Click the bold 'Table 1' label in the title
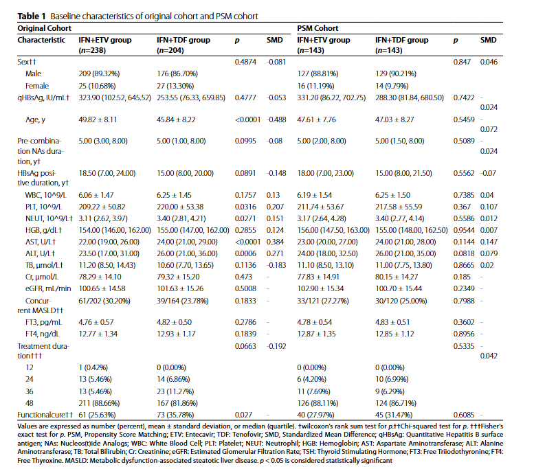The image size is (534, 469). click(32, 16)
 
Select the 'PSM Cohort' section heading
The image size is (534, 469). click(318, 28)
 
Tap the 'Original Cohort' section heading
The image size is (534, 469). click(44, 28)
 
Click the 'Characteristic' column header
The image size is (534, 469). click(41, 40)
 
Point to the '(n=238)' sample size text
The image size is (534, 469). click(92, 50)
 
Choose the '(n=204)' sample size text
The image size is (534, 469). click(170, 50)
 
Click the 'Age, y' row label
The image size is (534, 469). click(35, 119)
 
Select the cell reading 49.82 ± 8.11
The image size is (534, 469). click(98, 119)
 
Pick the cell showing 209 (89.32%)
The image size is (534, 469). click(99, 73)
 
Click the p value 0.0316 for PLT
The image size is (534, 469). click(245, 207)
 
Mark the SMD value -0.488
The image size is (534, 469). click(276, 119)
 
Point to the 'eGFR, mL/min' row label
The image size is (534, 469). click(48, 288)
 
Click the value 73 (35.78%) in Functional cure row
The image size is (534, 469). click(175, 415)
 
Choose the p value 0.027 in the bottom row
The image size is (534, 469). click(243, 415)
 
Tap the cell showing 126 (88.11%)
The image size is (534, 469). click(318, 403)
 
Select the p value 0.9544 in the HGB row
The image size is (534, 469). click(464, 230)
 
